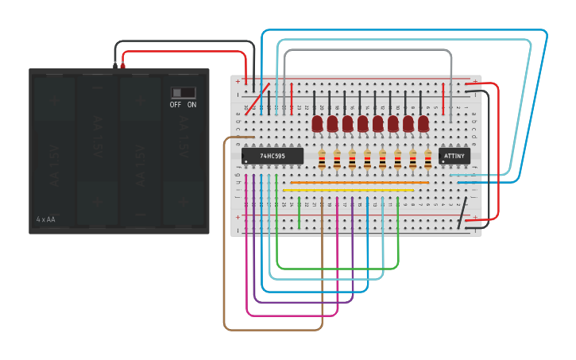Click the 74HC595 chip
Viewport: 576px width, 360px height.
tap(273, 156)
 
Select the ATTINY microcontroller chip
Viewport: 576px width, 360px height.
tap(454, 156)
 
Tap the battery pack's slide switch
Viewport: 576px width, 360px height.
tap(184, 92)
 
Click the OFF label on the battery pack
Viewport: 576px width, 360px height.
tap(175, 105)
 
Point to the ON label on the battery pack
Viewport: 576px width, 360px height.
tap(191, 105)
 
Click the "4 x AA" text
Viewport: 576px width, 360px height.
tap(46, 219)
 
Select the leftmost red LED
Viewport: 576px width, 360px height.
tap(317, 123)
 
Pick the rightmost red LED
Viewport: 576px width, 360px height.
tap(423, 123)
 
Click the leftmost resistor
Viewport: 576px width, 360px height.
tap(322, 159)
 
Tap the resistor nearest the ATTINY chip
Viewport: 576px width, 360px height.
tap(428, 159)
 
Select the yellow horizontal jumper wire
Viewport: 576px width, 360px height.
tap(350, 190)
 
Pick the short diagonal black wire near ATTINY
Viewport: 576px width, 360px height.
tap(460, 212)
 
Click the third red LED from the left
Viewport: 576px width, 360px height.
tap(347, 123)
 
